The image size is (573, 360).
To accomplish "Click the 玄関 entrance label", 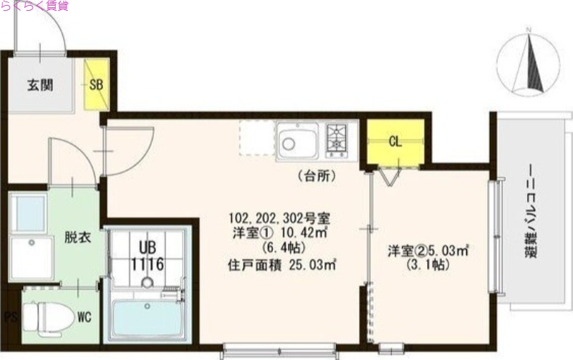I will click(40, 84).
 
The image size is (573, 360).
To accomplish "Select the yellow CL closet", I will click(395, 141).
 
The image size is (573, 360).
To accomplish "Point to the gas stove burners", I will click(337, 139).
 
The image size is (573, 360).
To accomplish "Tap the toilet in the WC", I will click(47, 316).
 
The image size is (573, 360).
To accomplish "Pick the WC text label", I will click(83, 316).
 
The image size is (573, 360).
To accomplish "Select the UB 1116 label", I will click(148, 256).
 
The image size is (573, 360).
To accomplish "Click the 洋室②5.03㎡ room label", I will click(428, 251).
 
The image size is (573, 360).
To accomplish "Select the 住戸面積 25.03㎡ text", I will click(282, 266).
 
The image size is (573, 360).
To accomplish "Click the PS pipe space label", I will click(9, 316).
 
